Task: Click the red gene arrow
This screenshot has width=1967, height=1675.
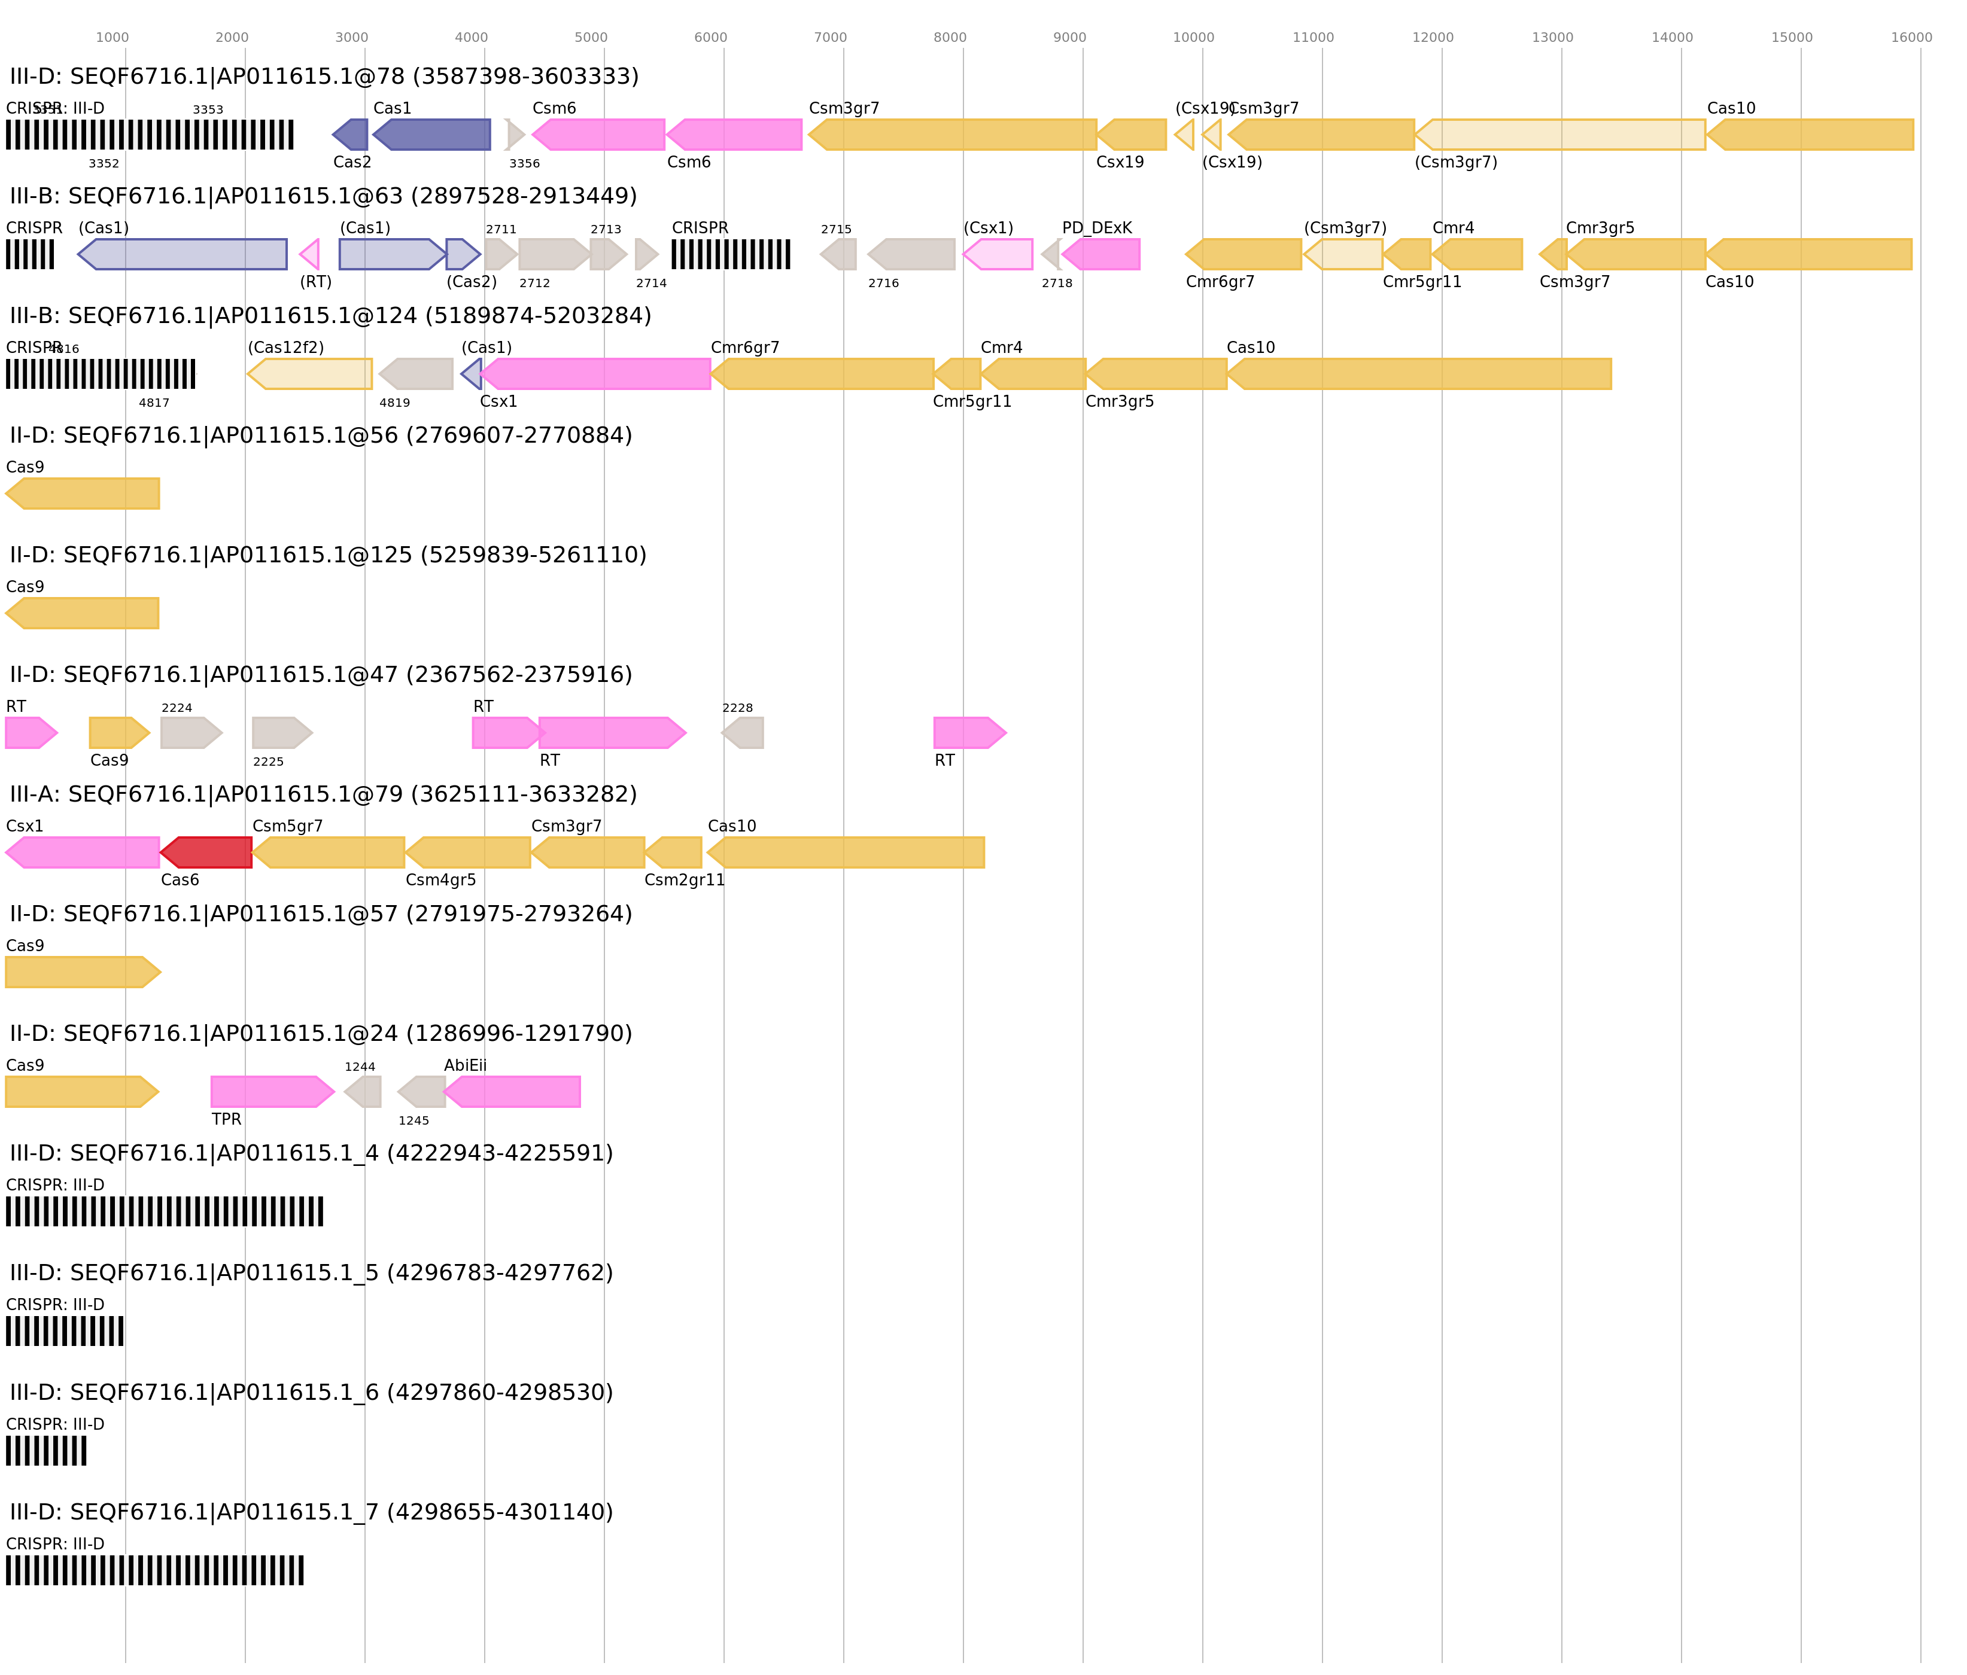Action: pyautogui.click(x=207, y=852)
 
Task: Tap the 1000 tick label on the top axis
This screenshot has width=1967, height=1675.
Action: pyautogui.click(x=112, y=38)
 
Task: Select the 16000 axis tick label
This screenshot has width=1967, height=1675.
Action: pyautogui.click(x=1911, y=38)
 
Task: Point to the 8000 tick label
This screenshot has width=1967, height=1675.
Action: pyautogui.click(x=949, y=38)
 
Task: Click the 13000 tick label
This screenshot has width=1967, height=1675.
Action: pyautogui.click(x=1552, y=38)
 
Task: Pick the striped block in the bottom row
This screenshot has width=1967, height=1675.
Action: pyautogui.click(x=155, y=1570)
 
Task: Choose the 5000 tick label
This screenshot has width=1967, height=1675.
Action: pyautogui.click(x=591, y=38)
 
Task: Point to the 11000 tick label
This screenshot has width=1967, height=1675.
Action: pyautogui.click(x=1313, y=38)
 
